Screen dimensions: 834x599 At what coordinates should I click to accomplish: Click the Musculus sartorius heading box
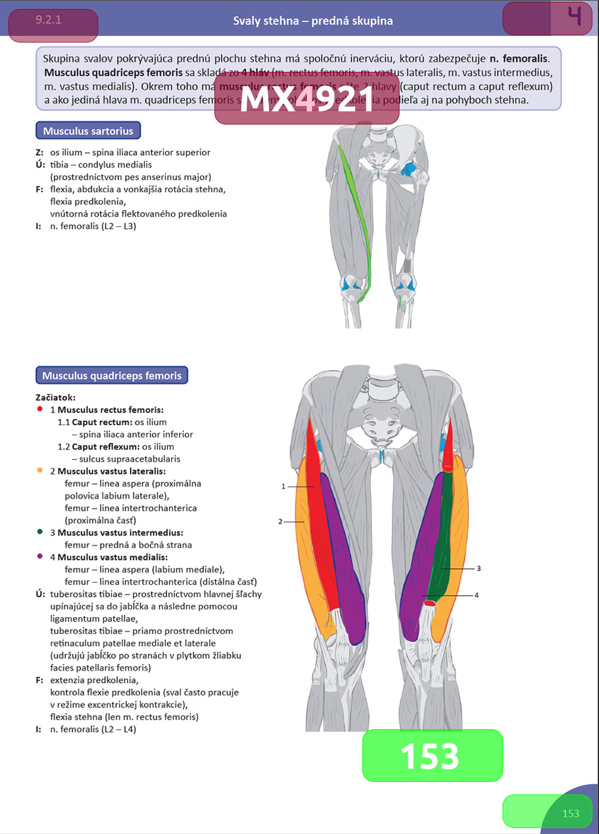89,131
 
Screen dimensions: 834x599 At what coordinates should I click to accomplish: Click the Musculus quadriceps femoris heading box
112,376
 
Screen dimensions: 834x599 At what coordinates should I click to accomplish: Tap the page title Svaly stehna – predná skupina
313,21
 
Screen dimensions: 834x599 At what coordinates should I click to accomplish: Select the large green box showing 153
432,756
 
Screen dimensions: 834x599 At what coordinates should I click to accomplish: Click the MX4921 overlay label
307,99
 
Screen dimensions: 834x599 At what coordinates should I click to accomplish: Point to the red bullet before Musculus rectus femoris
40,410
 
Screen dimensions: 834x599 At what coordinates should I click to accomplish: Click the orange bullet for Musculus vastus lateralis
40,471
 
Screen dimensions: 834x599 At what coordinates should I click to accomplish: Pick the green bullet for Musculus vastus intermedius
40,532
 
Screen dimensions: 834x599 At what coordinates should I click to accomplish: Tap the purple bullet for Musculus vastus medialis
40,556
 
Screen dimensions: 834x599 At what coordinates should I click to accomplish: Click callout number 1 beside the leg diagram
283,487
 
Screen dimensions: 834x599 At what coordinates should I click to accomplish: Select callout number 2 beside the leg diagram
280,521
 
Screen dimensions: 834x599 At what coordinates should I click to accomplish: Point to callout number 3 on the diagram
479,568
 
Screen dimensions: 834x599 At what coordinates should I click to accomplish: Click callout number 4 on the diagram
476,595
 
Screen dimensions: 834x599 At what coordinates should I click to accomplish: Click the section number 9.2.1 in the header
49,20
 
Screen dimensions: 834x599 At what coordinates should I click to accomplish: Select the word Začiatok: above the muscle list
56,398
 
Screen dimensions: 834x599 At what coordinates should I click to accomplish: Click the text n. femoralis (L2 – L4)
93,729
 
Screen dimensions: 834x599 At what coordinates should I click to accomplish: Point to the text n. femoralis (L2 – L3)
93,226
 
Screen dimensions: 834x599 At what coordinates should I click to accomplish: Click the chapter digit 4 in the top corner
574,16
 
